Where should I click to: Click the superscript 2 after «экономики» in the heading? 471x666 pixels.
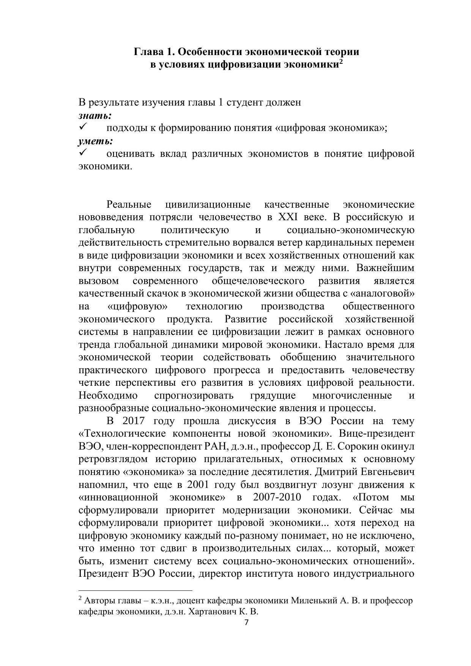[341, 62]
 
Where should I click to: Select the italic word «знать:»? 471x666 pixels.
[95, 115]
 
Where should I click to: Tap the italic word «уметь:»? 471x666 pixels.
[96, 141]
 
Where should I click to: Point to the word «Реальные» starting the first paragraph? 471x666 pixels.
[129, 205]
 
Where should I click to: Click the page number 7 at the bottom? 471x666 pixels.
[246, 622]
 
